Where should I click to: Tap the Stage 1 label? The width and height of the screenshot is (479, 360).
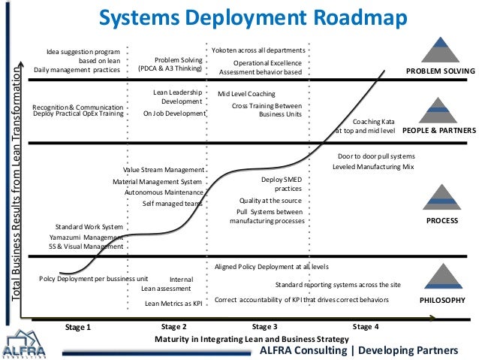78,328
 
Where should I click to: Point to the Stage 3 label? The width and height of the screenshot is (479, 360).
264,327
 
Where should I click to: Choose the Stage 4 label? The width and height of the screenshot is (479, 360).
366,327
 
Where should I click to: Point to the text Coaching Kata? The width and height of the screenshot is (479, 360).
374,120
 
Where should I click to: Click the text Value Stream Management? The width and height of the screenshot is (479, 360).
163,170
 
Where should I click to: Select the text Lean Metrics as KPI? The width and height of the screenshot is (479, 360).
173,304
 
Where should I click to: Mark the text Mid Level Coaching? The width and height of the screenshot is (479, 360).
246,94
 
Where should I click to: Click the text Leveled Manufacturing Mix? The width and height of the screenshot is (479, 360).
373,166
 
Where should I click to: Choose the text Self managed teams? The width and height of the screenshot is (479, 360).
173,203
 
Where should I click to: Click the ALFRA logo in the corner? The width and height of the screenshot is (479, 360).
25,344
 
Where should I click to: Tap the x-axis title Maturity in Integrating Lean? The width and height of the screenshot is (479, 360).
252,340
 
